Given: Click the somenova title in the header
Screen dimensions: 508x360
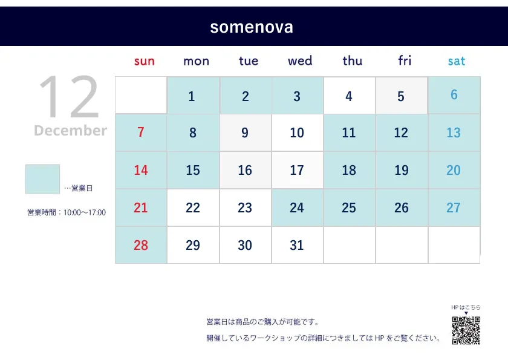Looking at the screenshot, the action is coord(252,27).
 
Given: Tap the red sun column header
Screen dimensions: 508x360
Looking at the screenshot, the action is coord(144,61).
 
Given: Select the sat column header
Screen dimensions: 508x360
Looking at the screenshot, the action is coord(456,61).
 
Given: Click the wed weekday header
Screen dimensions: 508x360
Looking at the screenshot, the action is coord(300,61).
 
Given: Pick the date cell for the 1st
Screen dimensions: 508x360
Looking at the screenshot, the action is coord(193,96).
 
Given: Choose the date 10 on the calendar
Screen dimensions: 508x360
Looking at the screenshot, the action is coord(298,133).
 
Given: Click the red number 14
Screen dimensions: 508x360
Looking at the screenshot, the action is coord(141,170).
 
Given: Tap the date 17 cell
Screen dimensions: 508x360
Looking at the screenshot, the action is coord(298,170).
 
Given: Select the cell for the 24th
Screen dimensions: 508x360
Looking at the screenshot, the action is coord(298,208).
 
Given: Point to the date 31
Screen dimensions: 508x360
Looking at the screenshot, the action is coord(297,245).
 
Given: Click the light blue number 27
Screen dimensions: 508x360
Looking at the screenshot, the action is coord(453,208).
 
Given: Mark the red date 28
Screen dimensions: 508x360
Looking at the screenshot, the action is coord(141,245).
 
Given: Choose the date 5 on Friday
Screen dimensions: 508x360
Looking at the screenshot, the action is coord(401,96).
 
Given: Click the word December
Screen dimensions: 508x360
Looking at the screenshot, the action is coord(70,130).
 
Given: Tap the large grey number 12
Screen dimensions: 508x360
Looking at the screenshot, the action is coord(68,97).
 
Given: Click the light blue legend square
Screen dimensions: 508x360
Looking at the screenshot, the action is coord(42,179).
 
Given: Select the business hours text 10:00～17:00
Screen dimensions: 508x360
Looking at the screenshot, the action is coord(85,212).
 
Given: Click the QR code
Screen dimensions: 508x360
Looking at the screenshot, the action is coord(466,330).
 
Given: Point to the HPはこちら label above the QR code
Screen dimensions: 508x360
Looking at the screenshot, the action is coord(466,307).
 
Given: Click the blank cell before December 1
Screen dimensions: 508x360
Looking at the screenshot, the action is coord(141,96).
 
